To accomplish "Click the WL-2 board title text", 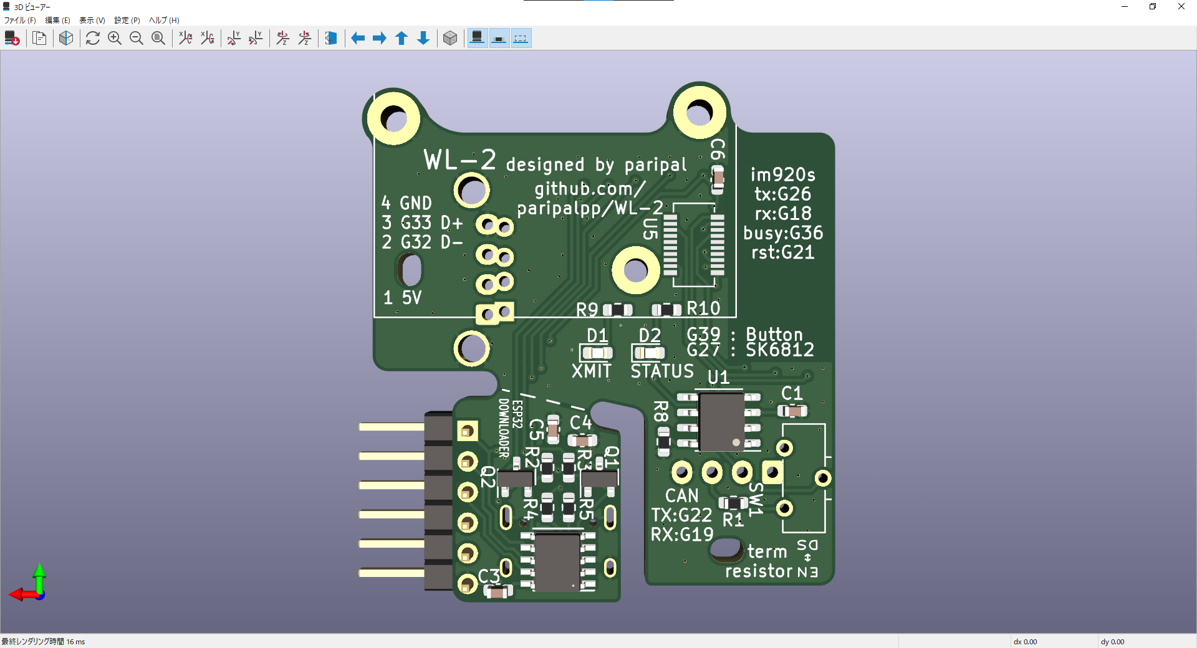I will click(460, 160).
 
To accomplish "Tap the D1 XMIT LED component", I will click(597, 353).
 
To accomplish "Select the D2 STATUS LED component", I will click(649, 353).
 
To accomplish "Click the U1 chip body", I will click(721, 421).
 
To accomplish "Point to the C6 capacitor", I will click(718, 179).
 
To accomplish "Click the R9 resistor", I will click(617, 310).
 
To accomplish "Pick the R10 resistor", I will click(666, 310).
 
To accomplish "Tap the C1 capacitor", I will click(792, 411).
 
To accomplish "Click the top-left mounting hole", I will click(393, 118).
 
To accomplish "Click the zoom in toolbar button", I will click(115, 39).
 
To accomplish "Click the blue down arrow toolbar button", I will click(423, 39).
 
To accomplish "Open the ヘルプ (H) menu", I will click(164, 21).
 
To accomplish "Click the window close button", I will click(1181, 7).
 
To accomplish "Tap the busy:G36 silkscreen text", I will click(783, 233).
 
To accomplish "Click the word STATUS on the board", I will click(661, 371).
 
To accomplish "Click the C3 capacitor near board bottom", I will click(497, 592).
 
